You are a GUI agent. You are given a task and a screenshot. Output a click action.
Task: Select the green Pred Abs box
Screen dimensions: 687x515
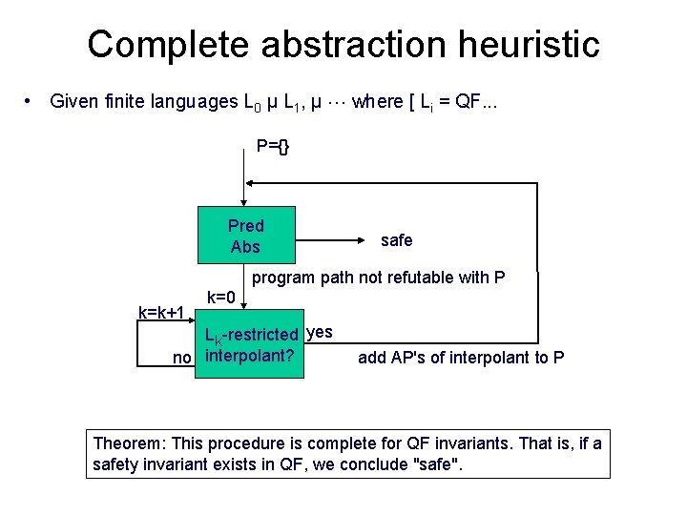[246, 236]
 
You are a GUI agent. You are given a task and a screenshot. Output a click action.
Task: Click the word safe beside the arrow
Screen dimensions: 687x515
[396, 240]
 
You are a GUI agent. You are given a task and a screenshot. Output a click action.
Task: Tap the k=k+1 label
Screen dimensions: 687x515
[160, 312]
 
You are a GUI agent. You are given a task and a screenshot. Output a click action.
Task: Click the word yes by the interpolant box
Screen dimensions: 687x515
[322, 332]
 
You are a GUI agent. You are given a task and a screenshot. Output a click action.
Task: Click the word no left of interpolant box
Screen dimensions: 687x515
[181, 358]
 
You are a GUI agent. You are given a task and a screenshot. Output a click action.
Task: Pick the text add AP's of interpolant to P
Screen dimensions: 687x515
[461, 358]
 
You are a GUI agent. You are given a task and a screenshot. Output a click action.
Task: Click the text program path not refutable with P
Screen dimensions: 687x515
[378, 278]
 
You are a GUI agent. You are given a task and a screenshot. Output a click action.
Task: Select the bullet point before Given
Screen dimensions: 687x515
[31, 101]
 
